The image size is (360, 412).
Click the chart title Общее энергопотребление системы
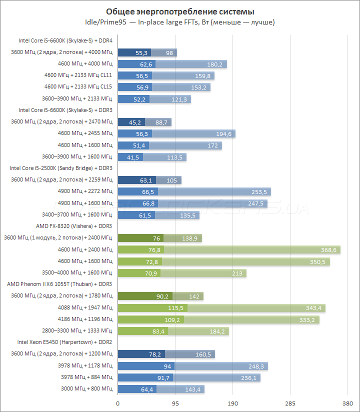tap(180, 11)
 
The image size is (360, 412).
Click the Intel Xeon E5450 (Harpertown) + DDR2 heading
tap(64, 342)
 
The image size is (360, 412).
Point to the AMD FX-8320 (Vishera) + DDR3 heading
tap(74, 226)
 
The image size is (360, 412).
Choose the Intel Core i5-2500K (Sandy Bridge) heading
tap(60, 168)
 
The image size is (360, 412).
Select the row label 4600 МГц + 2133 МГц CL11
tap(78, 75)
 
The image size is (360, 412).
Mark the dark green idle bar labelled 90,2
tap(145, 296)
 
